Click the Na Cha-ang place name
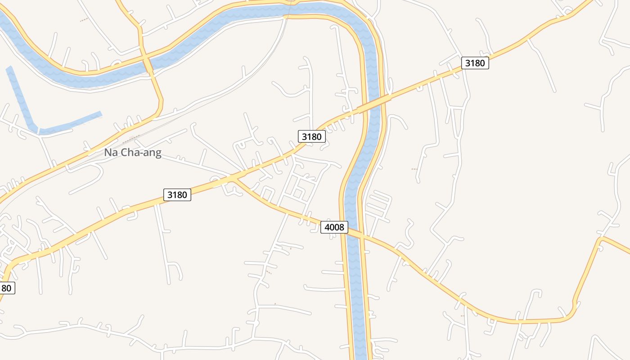(x=132, y=153)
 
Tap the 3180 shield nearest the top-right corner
(x=475, y=63)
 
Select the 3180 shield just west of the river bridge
(x=311, y=136)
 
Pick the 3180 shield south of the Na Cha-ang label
(x=177, y=194)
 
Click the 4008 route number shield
(x=334, y=227)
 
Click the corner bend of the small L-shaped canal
(x=36, y=130)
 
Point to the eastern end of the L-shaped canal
(x=100, y=114)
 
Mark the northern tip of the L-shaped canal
(x=9, y=69)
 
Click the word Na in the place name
(x=111, y=153)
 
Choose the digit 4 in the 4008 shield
(x=327, y=227)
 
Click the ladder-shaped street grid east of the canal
(x=378, y=205)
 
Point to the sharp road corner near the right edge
(x=601, y=239)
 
